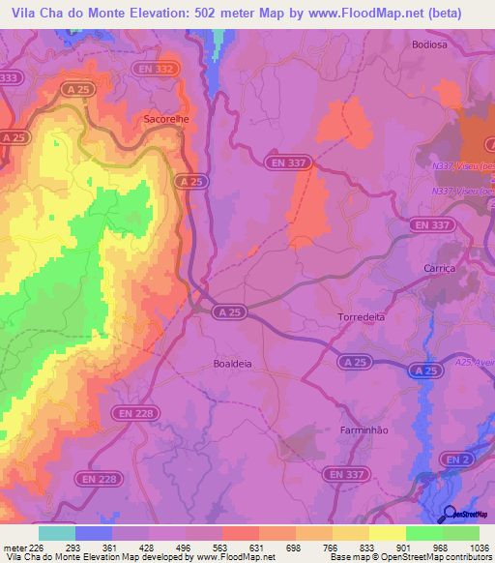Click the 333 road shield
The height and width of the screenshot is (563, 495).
[10, 77]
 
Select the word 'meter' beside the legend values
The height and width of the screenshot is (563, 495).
[14, 547]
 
